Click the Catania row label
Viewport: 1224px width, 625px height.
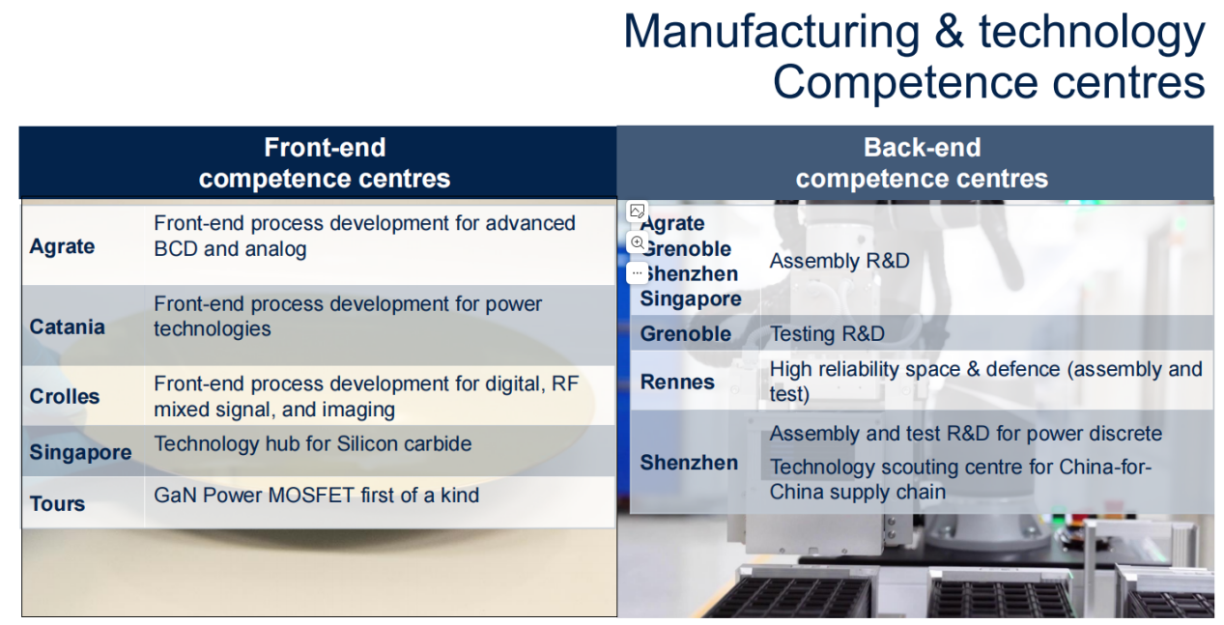coord(67,327)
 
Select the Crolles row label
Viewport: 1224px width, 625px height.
coord(65,396)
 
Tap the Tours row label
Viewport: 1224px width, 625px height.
coord(57,503)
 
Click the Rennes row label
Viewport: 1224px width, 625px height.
coord(677,382)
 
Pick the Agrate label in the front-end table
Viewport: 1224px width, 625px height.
coord(62,246)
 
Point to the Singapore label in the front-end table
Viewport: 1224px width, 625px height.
coord(80,452)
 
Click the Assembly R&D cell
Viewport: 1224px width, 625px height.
coord(840,261)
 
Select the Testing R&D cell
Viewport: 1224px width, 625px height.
coord(827,334)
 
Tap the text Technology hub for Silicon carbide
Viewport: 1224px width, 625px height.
coord(313,443)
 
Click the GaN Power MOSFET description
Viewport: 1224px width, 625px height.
coord(316,495)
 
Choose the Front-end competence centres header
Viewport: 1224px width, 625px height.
coord(325,163)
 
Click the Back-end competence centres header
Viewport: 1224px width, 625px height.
coord(922,163)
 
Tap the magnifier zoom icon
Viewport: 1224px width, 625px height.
coord(638,242)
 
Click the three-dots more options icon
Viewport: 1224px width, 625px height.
coord(638,272)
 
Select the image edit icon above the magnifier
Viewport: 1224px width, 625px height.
coord(638,211)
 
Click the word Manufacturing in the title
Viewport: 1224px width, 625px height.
coord(772,32)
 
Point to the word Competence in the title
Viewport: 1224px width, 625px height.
coord(905,82)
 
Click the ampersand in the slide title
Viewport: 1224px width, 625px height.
coord(949,32)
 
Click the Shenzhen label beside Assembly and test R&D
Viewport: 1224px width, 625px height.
coord(689,463)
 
